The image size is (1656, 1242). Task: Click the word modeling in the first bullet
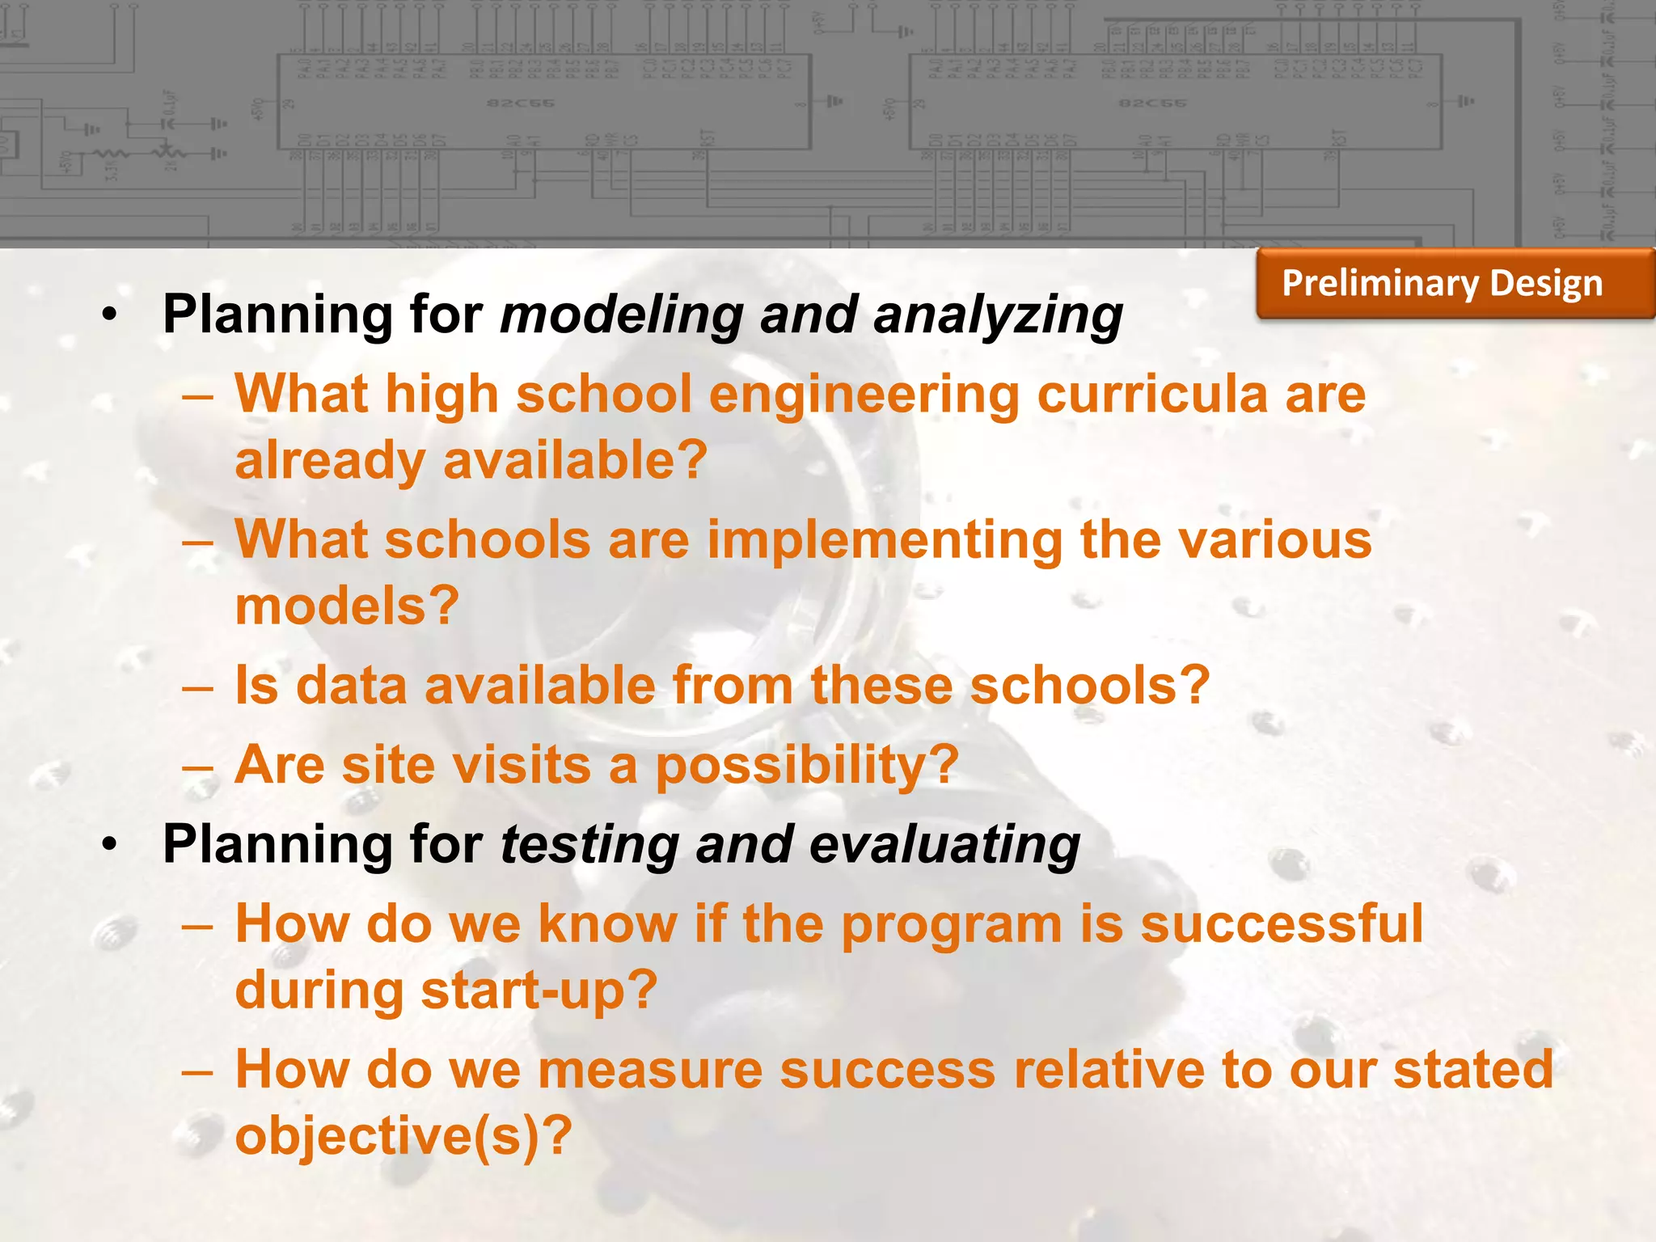point(621,315)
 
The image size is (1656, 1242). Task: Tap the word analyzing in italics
point(998,315)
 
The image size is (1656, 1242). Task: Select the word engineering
point(864,396)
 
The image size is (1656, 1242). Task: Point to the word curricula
point(1152,395)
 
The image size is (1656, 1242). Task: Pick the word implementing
point(885,542)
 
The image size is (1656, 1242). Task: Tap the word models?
point(347,606)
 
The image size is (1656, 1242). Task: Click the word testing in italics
point(589,845)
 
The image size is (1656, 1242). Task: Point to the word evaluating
point(944,845)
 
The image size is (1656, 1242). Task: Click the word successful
point(1281,924)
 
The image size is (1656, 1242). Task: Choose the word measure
point(650,1070)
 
